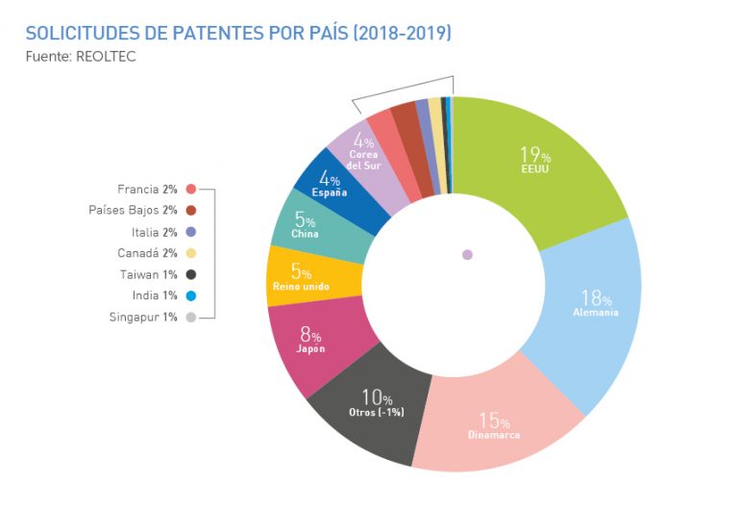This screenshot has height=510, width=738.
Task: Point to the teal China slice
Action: pyautogui.click(x=305, y=225)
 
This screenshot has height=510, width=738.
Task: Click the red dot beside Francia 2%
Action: pyautogui.click(x=191, y=190)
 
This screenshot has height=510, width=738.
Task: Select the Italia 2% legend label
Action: pyautogui.click(x=154, y=232)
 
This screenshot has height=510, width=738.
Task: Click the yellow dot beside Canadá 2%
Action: pyautogui.click(x=191, y=253)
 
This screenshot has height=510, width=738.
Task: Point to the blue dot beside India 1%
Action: pyautogui.click(x=191, y=295)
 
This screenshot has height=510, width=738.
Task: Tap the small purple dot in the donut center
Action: pyautogui.click(x=467, y=255)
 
